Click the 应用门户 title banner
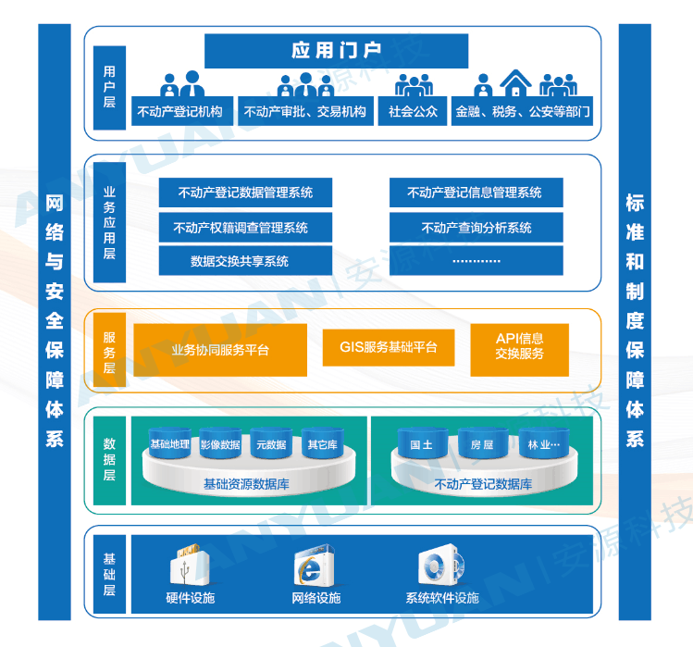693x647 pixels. click(336, 51)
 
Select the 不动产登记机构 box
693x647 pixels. click(180, 112)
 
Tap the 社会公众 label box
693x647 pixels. click(413, 112)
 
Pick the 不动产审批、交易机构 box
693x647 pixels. click(304, 112)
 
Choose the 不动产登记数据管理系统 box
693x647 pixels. click(245, 193)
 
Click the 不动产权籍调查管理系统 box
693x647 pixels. click(245, 227)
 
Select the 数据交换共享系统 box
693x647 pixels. click(245, 261)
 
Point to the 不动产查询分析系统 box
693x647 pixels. click(476, 227)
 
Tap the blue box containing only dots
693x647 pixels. click(476, 261)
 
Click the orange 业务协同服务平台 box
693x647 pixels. click(220, 350)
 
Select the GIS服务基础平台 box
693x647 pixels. click(389, 348)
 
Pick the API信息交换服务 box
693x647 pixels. click(519, 347)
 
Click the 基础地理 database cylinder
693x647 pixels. click(170, 444)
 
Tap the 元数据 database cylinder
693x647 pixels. click(271, 444)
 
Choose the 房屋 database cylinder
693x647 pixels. click(482, 444)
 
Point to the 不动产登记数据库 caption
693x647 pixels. click(483, 484)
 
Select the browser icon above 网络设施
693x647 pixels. click(313, 566)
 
